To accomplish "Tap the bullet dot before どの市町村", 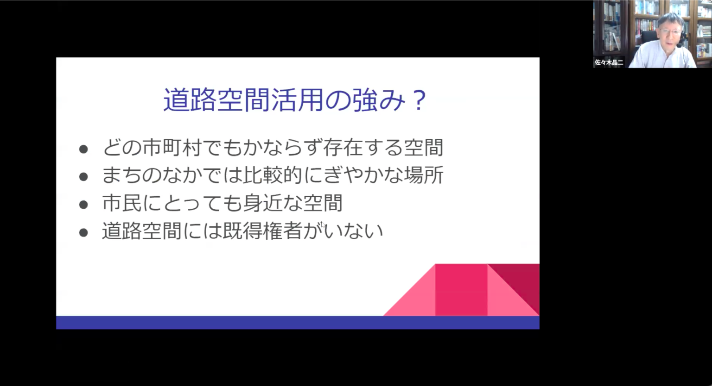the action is pyautogui.click(x=83, y=149).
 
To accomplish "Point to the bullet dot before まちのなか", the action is pyautogui.click(x=83, y=177).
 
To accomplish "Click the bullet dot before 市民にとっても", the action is pyautogui.click(x=83, y=205).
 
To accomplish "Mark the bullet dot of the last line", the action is pyautogui.click(x=83, y=232).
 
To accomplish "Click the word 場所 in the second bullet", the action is pyautogui.click(x=423, y=175).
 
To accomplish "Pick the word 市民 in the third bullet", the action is pyautogui.click(x=122, y=203).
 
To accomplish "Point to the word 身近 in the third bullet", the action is pyautogui.click(x=262, y=203).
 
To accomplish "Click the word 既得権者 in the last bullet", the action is pyautogui.click(x=262, y=231).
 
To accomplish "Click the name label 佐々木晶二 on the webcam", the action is pyautogui.click(x=609, y=62).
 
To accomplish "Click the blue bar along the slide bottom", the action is pyautogui.click(x=298, y=323).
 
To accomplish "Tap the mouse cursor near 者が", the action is pyautogui.click(x=323, y=225).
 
